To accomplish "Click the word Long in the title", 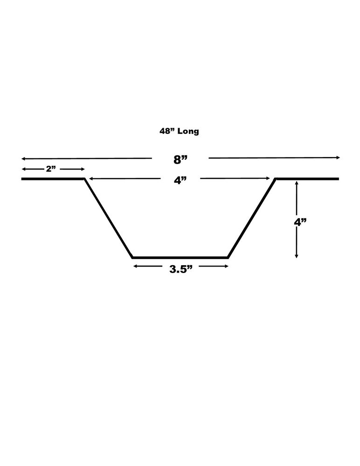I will click(188, 131).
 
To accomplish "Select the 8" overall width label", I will click(180, 159).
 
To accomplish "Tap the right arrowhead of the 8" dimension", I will click(339, 158).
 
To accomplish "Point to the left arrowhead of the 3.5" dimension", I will click(135, 266).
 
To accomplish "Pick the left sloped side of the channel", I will click(108, 218).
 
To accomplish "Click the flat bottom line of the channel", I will click(180, 257).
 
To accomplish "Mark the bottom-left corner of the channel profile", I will click(132, 257).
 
